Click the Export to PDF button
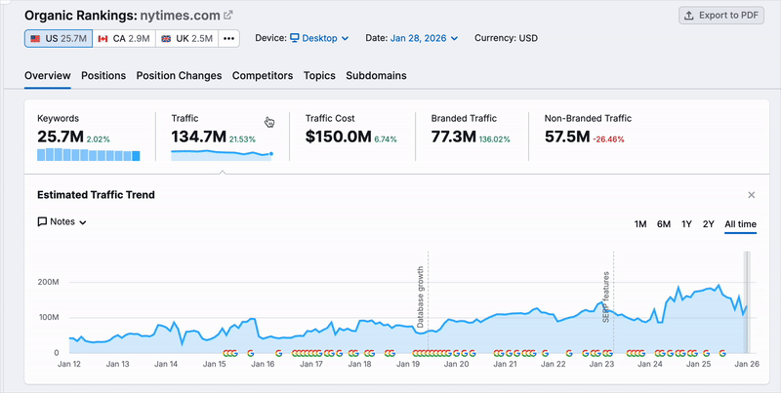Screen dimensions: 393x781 tap(722, 16)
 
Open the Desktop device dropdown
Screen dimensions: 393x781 tap(318, 38)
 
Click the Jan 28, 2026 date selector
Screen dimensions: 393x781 tap(424, 38)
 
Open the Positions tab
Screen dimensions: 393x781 tap(103, 76)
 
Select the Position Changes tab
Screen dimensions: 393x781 tap(179, 76)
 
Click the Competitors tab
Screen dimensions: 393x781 tap(263, 76)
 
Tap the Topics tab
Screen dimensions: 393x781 tap(319, 76)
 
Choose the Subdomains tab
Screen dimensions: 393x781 tap(376, 76)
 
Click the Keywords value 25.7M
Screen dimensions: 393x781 tap(60, 137)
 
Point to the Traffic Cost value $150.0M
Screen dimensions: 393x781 tap(338, 137)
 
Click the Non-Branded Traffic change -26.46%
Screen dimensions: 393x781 tap(609, 139)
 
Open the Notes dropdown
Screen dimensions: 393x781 tap(62, 222)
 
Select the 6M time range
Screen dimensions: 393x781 tap(664, 224)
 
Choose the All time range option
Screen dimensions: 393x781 tap(740, 224)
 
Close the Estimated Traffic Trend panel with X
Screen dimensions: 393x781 tap(751, 195)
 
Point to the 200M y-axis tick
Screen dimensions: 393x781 tap(49, 282)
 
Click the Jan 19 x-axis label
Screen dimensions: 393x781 tap(410, 364)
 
